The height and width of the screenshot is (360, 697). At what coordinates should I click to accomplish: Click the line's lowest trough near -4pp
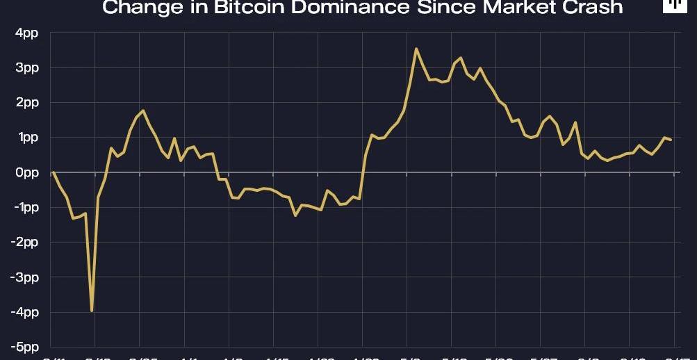tap(92, 311)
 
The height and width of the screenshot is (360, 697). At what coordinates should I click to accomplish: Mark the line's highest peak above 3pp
tap(416, 49)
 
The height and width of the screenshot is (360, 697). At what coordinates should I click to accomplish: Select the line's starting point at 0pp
tap(54, 172)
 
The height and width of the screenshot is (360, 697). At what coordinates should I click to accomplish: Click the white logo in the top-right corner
tap(672, 6)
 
